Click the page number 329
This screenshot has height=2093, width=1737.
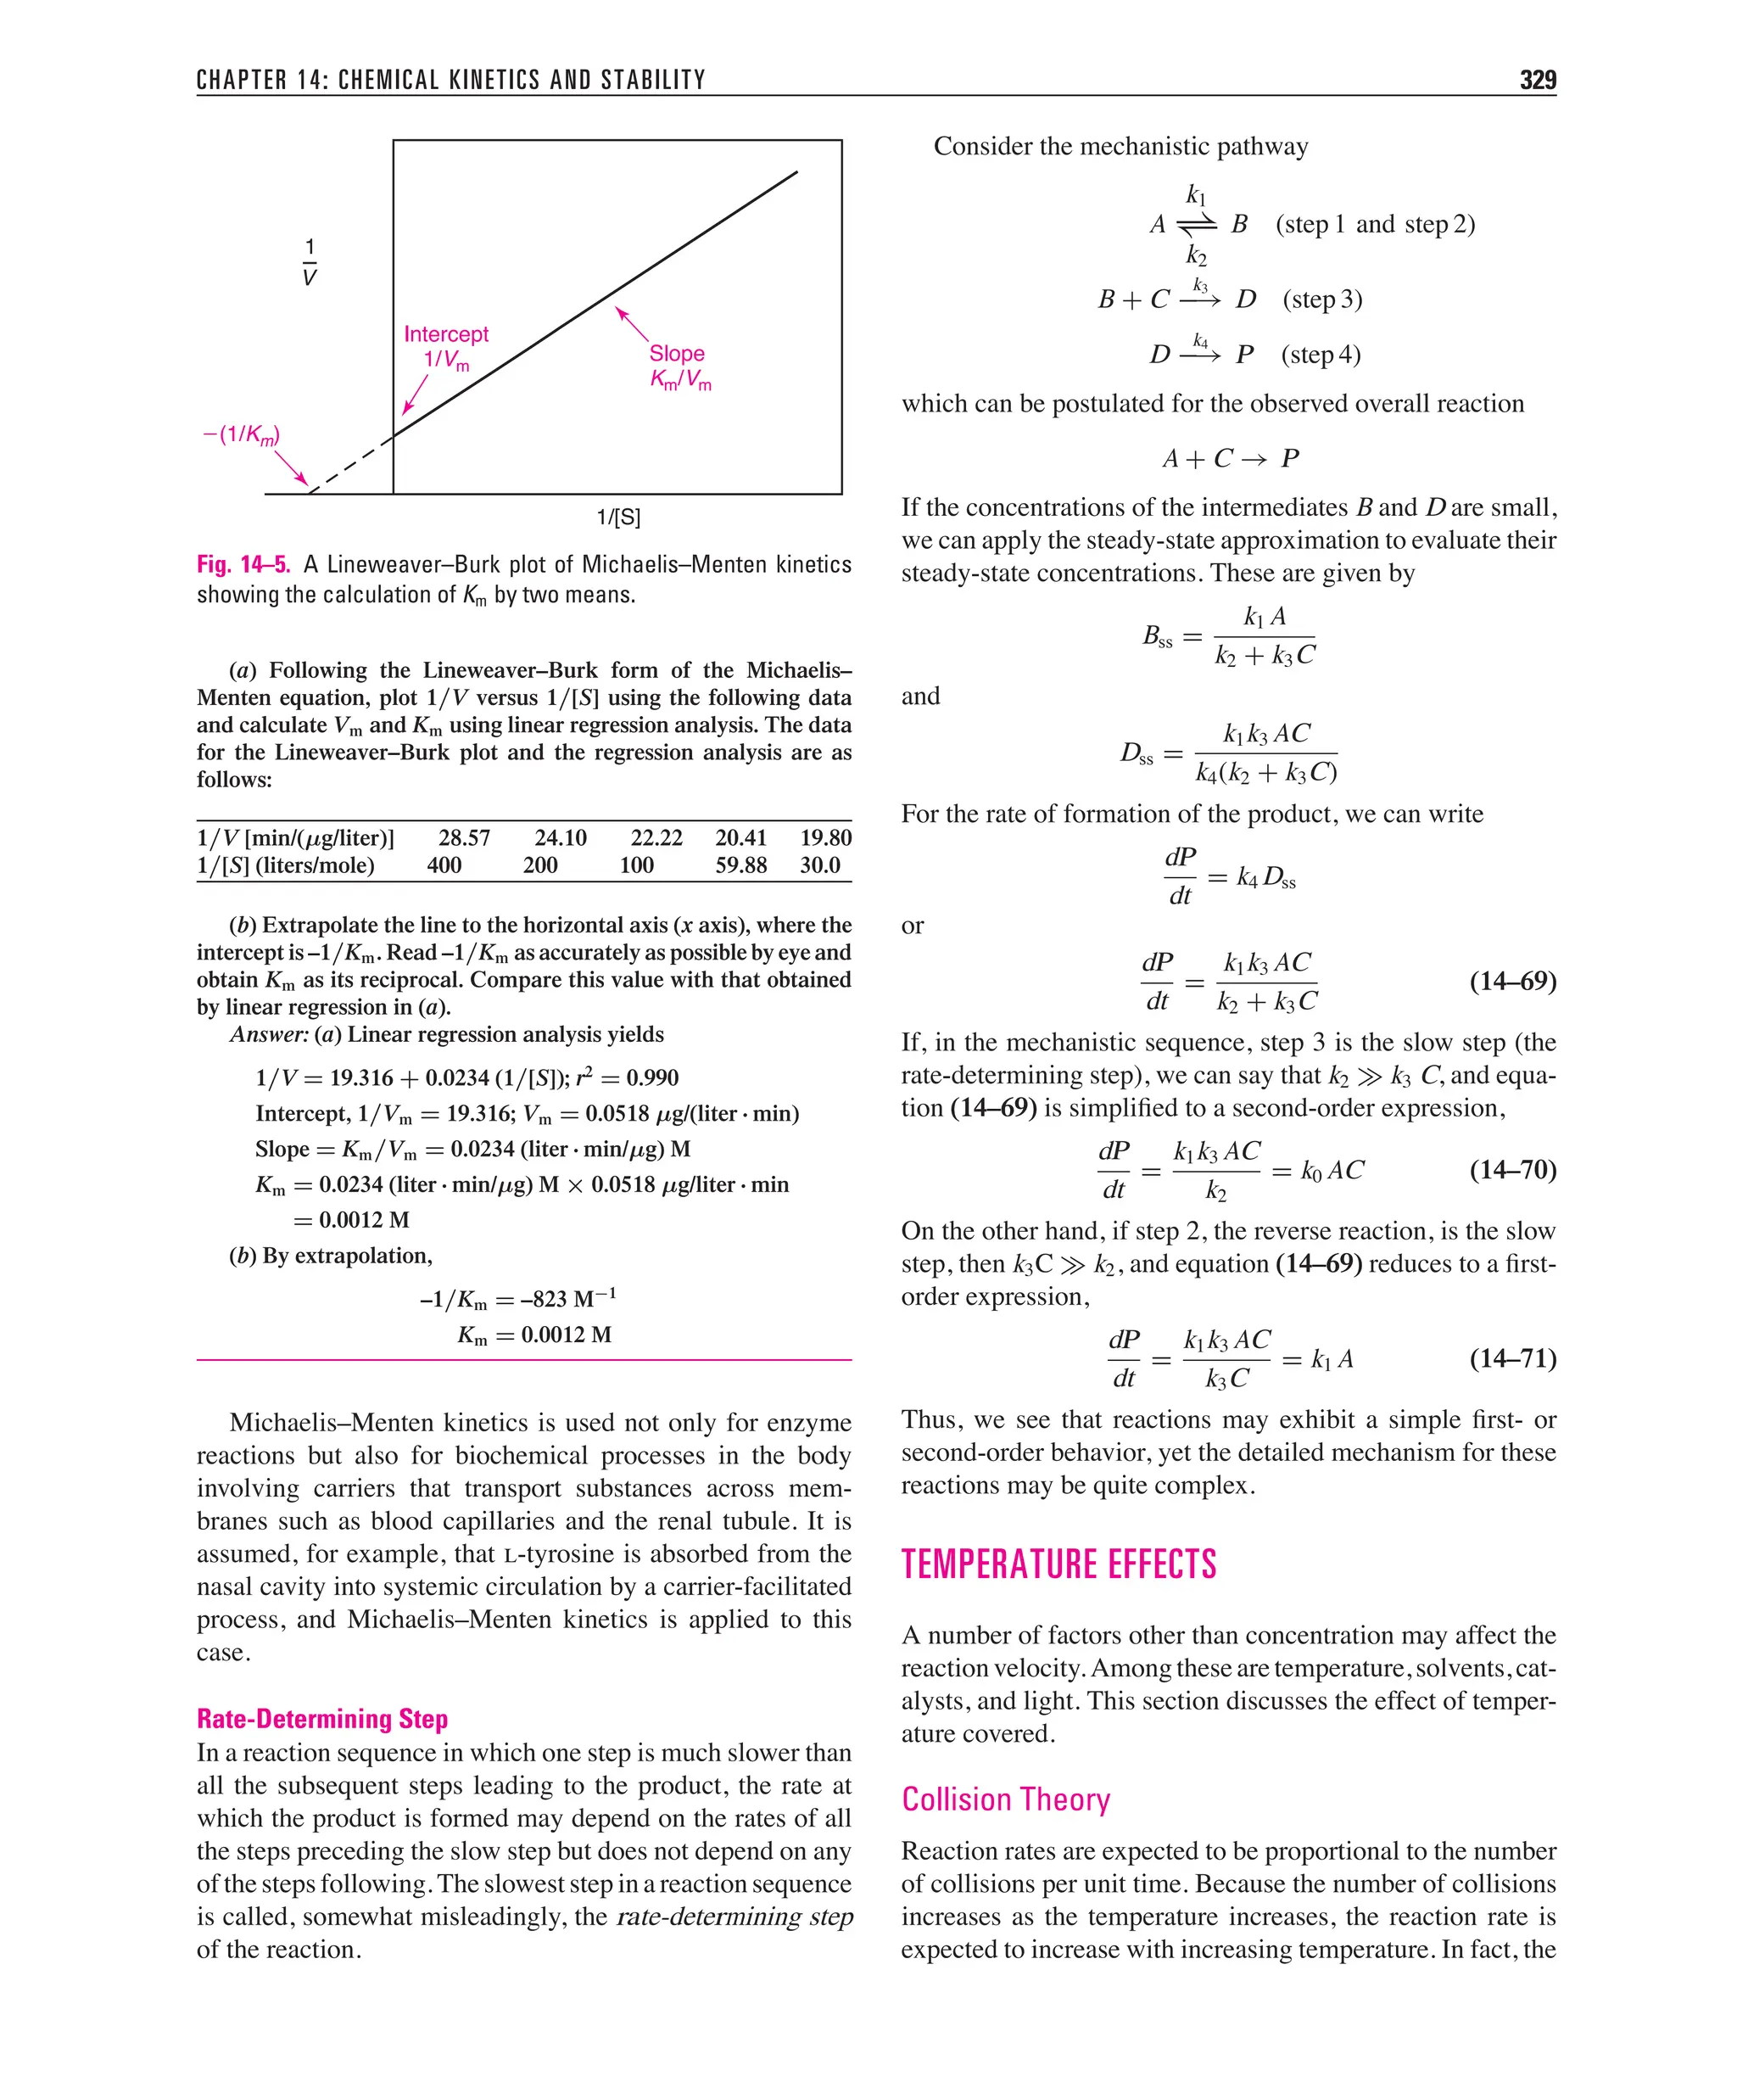1537,81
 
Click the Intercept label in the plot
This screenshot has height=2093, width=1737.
445,335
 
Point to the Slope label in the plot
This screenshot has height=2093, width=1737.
677,354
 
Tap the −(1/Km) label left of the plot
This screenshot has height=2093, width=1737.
241,434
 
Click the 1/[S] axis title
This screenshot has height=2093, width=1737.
617,518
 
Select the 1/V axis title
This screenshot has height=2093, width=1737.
309,262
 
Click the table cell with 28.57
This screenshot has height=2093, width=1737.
465,837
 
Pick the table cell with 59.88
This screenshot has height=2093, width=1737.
740,865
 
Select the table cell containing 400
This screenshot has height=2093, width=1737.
444,865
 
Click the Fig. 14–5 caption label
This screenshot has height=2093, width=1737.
243,565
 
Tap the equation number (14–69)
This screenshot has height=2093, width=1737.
1511,981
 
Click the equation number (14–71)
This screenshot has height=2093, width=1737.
1511,1358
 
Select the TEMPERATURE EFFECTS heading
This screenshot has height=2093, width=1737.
1058,1564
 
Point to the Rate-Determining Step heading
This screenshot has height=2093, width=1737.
322,1719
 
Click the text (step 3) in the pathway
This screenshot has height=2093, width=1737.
1321,299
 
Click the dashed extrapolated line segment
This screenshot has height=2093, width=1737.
351,463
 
